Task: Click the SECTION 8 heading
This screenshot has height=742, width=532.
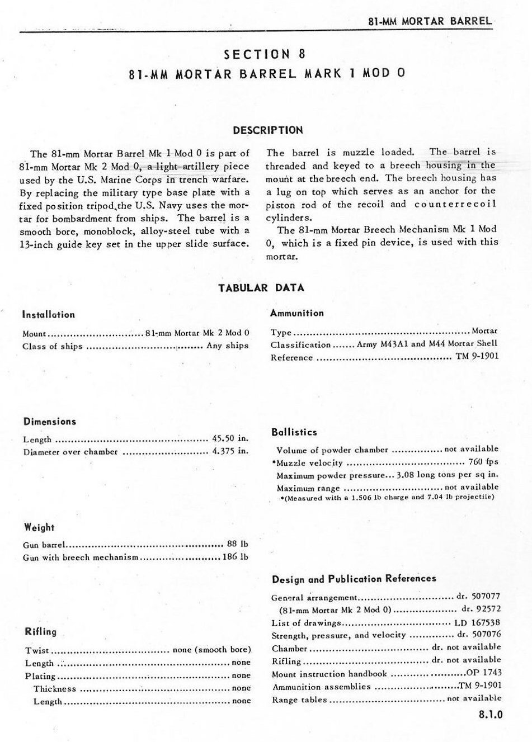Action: [265, 54]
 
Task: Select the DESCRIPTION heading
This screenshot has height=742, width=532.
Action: [267, 130]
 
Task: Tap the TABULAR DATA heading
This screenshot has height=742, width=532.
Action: [261, 288]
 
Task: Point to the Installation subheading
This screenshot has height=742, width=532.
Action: [48, 315]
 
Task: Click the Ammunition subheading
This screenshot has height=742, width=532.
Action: [296, 313]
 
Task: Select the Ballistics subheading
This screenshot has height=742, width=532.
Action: [294, 432]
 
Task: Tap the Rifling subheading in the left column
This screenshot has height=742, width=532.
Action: [41, 632]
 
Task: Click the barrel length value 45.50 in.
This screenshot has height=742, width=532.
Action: [230, 439]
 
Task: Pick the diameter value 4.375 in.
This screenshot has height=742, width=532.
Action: [230, 452]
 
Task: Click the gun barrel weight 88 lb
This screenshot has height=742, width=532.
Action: [237, 543]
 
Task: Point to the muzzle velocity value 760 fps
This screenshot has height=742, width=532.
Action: [483, 462]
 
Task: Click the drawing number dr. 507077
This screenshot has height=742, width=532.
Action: [478, 597]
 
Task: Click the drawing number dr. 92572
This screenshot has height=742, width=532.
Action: [481, 609]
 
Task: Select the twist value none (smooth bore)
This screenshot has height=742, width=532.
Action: [211, 650]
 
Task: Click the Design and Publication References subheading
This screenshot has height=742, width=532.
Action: [354, 579]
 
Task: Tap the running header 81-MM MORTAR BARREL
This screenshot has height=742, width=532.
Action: [430, 21]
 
